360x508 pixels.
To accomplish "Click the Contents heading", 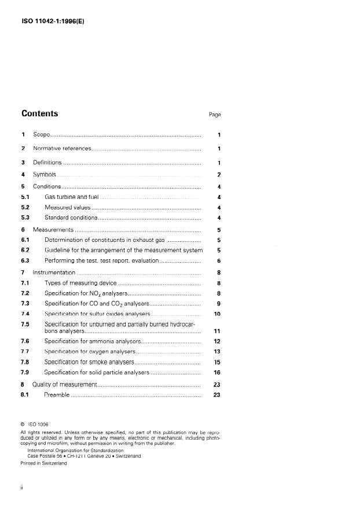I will [39, 113].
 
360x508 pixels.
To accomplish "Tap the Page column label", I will [215, 115].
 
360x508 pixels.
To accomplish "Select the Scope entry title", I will [42, 135].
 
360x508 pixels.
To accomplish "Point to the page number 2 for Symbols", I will [219, 175].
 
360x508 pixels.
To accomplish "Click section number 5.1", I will [25, 197].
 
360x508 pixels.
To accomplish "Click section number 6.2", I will [25, 250].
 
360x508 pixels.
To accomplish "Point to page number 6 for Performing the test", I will [219, 260].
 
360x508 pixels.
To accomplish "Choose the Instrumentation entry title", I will [54, 272].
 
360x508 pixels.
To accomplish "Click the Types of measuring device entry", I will [80, 283].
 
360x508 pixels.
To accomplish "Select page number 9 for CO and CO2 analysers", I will [219, 303].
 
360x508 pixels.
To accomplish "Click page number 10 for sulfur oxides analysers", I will [218, 314].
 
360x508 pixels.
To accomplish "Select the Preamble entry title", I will [57, 395].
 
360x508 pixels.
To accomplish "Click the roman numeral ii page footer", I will [21, 488].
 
